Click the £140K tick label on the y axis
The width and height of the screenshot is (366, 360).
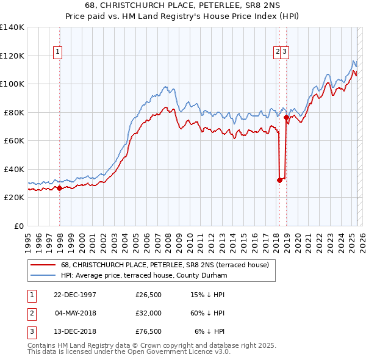12,27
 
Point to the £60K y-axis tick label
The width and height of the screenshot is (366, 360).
14,140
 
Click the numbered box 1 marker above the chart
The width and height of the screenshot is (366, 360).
57,52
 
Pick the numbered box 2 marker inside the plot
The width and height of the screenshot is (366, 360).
278,52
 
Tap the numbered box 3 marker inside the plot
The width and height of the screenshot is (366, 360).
285,52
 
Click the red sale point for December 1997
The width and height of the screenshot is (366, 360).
60,189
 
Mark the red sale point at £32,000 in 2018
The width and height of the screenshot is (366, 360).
279,180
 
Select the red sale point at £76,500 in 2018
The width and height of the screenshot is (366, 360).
286,117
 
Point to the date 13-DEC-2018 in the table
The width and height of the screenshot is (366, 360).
75,331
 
